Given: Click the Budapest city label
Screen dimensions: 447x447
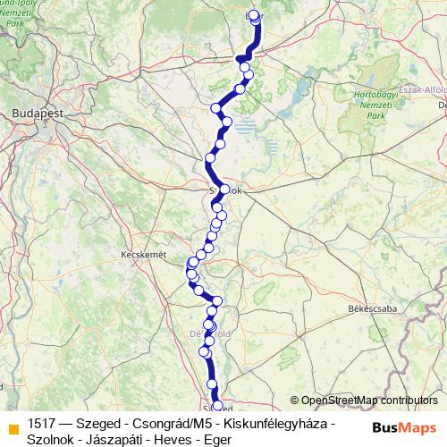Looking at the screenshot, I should (30, 114).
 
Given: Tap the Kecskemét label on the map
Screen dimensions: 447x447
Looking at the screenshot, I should (144, 255).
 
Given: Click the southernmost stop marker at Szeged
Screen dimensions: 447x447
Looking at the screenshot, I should (216, 407).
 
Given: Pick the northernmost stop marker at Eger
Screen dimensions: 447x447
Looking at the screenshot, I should (255, 15).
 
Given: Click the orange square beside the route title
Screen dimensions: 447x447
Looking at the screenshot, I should (13, 428).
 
